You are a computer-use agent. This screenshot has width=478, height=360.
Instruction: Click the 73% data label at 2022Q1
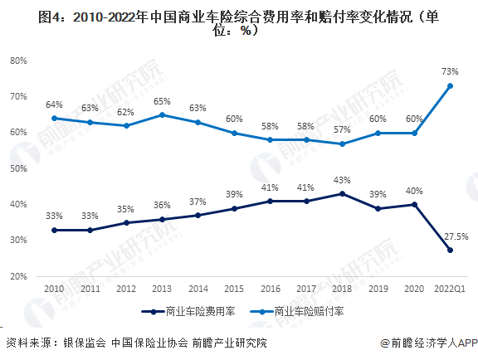(450, 72)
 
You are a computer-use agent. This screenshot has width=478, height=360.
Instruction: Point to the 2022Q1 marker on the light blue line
(451, 85)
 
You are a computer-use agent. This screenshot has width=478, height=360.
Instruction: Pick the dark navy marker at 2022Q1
(451, 250)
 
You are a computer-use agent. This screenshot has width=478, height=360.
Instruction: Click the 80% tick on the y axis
(21, 61)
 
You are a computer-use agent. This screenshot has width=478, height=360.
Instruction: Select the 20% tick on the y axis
(21, 275)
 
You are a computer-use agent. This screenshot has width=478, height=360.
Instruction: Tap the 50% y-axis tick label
(21, 168)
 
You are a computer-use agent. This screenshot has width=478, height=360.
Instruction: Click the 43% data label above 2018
(342, 180)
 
